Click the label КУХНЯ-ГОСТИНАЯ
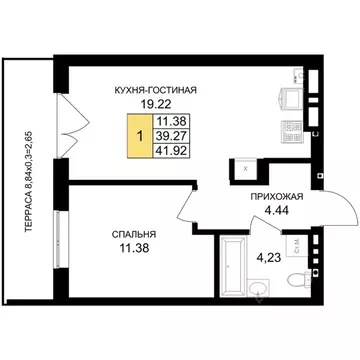click(x=154, y=89)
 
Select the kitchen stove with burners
click(x=291, y=128)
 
